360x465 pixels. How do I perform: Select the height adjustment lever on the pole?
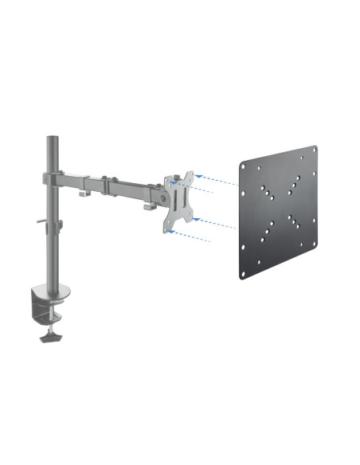[42, 227]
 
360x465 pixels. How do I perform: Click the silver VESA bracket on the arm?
[180, 202]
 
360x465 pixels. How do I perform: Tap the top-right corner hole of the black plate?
[313, 151]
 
